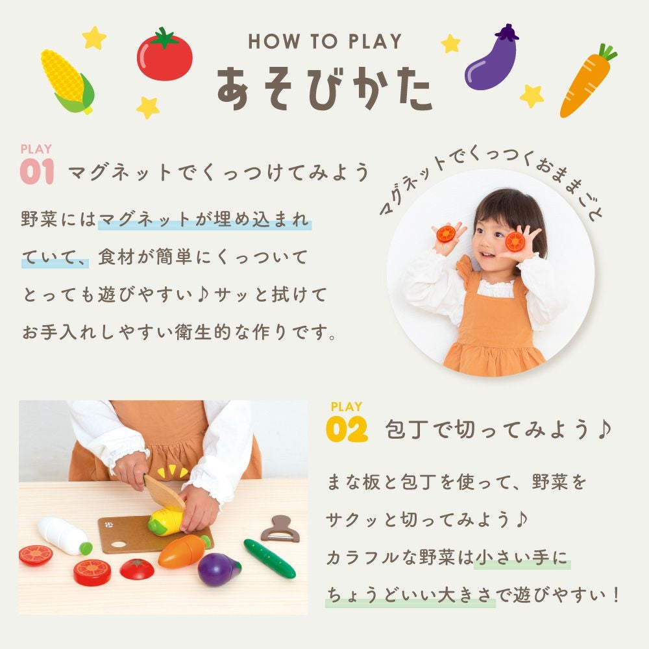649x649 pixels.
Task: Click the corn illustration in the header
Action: tap(66, 80)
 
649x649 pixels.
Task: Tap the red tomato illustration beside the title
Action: tap(165, 54)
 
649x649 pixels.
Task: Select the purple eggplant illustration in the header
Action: tap(492, 58)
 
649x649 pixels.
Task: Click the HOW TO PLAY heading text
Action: tap(324, 42)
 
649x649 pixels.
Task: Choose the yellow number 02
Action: tap(347, 430)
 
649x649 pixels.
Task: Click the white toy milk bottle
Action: tap(64, 535)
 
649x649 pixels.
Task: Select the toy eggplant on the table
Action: tap(219, 569)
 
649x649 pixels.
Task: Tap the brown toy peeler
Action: tap(281, 528)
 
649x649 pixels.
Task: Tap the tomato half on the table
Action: tap(138, 569)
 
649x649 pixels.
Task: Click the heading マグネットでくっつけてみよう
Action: tap(219, 173)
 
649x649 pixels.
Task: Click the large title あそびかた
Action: tap(324, 88)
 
